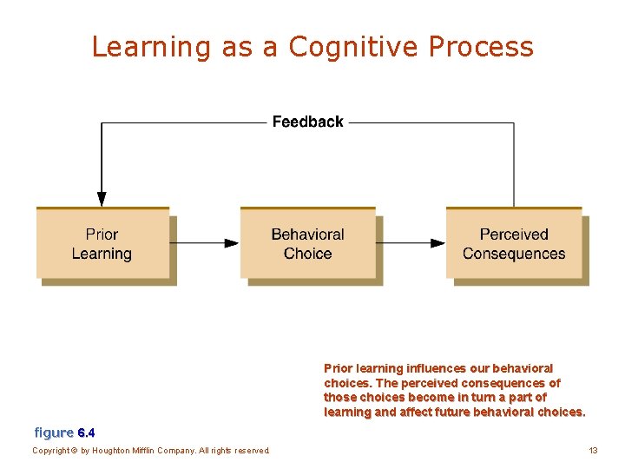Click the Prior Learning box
point(102,244)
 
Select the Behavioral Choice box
point(307,244)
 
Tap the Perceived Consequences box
point(514,244)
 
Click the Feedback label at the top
point(307,122)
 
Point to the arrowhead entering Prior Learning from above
point(102,197)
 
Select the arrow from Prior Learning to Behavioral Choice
point(205,243)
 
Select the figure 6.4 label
point(64,432)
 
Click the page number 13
point(593,450)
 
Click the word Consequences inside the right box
point(514,254)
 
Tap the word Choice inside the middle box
point(307,254)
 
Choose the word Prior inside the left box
point(102,234)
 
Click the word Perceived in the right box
point(514,234)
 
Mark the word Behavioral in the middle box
point(307,234)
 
